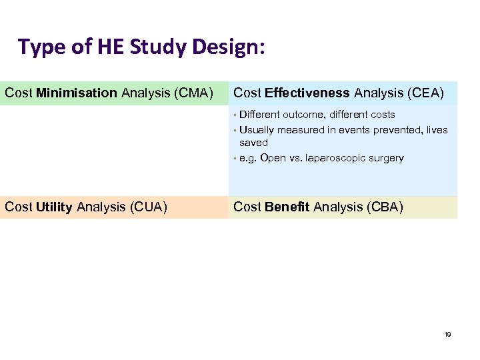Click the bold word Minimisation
click(x=77, y=93)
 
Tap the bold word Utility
click(x=55, y=207)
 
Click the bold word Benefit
click(x=287, y=207)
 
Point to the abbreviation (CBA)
click(x=383, y=207)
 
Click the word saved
click(x=253, y=143)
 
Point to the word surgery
click(x=385, y=158)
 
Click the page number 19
click(x=447, y=334)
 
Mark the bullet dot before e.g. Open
click(x=235, y=159)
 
